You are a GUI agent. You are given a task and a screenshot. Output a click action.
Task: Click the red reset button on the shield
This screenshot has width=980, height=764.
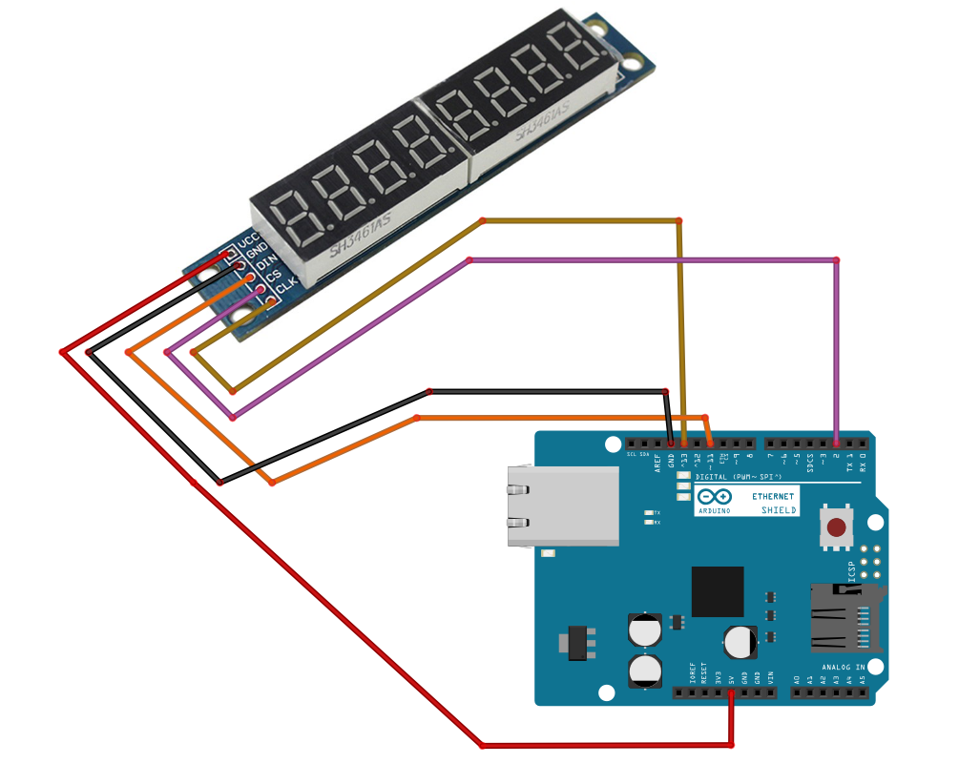point(837,527)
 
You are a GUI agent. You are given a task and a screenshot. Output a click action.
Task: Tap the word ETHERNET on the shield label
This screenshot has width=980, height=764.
point(772,497)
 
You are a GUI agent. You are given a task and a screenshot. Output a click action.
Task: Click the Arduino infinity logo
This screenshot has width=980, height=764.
point(714,497)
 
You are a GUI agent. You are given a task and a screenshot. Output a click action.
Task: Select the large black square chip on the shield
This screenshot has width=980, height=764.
point(718,591)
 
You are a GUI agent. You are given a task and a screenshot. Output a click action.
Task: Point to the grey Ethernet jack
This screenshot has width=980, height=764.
point(563,506)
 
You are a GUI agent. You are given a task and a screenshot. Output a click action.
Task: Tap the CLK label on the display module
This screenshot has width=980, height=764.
point(286,281)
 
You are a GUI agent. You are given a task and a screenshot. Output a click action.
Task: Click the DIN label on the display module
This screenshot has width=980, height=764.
point(265,258)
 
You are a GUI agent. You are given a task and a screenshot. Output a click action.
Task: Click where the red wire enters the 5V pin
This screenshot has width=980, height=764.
point(731,692)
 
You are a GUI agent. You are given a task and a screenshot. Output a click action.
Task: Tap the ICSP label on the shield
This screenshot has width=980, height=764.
point(853,571)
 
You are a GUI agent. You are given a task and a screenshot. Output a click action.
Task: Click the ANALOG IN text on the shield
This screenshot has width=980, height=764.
point(843,667)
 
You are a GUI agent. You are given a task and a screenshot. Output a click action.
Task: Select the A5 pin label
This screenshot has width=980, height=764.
point(863,681)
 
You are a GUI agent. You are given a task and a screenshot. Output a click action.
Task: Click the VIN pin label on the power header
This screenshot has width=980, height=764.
point(770,679)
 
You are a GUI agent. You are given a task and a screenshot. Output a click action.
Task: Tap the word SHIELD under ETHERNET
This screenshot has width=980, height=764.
point(779,510)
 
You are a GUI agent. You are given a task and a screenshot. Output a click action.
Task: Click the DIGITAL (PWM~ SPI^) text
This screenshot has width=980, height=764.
point(739,477)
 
